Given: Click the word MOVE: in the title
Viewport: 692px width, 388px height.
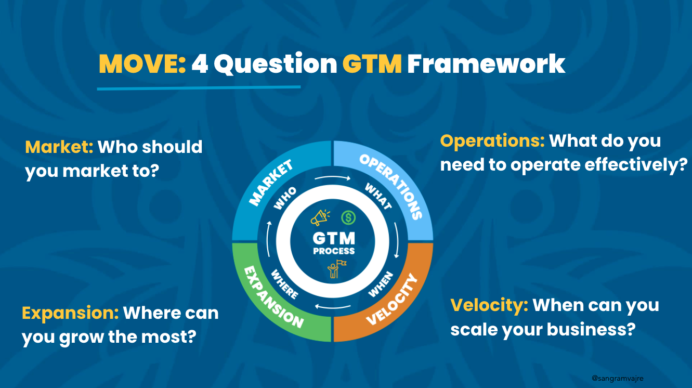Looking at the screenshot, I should click(142, 64).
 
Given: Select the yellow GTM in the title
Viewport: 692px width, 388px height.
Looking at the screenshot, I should click(372, 64).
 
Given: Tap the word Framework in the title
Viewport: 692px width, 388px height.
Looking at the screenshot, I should click(486, 64).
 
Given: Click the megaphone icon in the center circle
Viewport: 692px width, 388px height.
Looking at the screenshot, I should click(319, 217).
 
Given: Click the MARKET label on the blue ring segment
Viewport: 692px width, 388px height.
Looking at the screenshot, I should click(271, 184).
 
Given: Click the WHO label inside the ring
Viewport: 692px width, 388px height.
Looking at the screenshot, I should click(284, 198).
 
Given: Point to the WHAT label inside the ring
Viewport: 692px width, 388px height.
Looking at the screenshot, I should click(378, 196).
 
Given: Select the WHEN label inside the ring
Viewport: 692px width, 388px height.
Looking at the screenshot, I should click(381, 284).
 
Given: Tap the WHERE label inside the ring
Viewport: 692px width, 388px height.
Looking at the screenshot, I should click(284, 284).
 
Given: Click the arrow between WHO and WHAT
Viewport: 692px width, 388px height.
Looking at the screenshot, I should click(333, 178).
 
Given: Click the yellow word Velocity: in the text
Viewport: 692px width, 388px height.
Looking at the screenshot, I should click(489, 305).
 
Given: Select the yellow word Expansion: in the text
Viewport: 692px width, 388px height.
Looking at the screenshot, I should click(70, 313).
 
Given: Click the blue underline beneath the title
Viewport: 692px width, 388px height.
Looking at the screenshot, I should click(199, 88).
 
